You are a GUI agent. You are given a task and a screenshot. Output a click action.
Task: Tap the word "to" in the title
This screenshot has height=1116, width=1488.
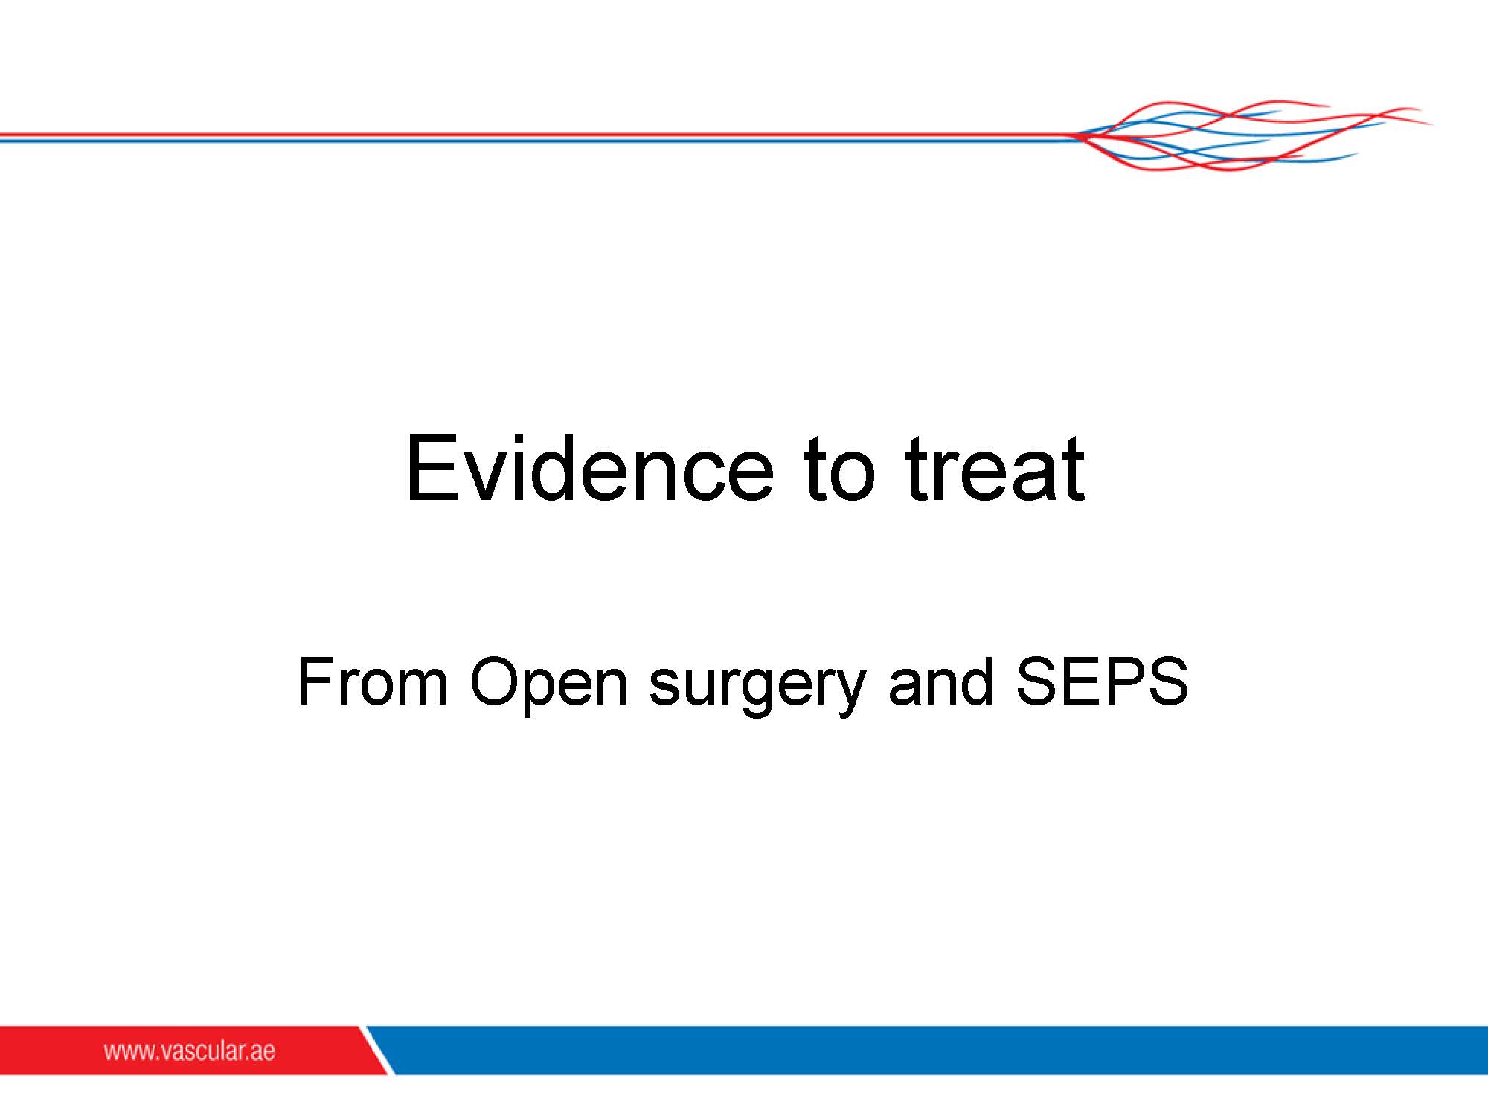(x=838, y=469)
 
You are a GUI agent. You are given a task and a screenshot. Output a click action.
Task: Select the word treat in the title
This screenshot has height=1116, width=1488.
(x=995, y=469)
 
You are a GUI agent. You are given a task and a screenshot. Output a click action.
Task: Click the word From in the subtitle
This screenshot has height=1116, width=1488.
(x=372, y=681)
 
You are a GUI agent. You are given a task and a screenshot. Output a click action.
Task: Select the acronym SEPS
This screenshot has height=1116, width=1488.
(x=1102, y=681)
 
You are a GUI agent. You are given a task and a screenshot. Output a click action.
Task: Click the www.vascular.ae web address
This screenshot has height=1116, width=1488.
(x=189, y=1051)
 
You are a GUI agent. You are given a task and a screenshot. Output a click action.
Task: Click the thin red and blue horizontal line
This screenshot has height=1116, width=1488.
(x=536, y=138)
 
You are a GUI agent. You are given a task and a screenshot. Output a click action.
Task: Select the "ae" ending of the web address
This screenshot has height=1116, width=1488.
(x=263, y=1053)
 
